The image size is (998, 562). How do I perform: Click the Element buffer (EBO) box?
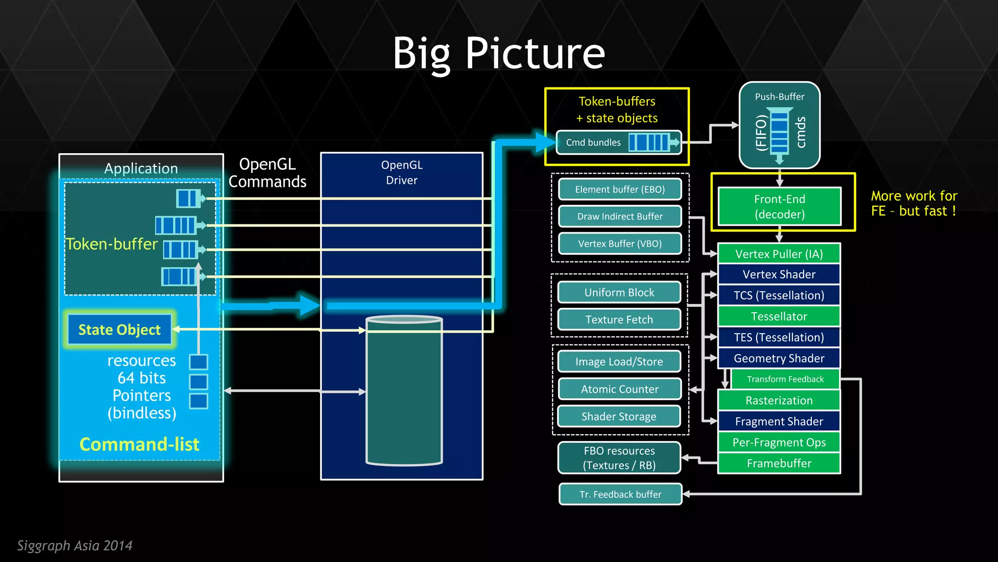[619, 189]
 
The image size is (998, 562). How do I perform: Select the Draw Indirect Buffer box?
[619, 217]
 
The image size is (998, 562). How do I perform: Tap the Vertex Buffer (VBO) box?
[619, 244]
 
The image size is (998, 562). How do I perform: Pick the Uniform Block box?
[619, 293]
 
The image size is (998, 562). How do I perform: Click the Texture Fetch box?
[619, 320]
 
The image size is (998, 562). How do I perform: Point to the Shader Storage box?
[619, 417]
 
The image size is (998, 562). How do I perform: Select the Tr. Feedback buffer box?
[620, 494]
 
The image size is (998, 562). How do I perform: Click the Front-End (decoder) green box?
[779, 206]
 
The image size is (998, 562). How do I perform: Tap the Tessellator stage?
[779, 317]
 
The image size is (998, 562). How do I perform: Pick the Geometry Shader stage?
[779, 359]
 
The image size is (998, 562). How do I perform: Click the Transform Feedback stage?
[785, 379]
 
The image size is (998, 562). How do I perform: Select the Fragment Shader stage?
[779, 421]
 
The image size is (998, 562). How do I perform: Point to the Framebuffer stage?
[779, 463]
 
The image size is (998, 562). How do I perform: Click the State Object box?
[119, 330]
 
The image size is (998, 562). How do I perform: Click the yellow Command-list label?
[139, 444]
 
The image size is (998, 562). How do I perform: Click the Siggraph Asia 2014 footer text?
[75, 545]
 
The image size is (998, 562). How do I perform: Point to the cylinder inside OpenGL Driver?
[404, 390]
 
